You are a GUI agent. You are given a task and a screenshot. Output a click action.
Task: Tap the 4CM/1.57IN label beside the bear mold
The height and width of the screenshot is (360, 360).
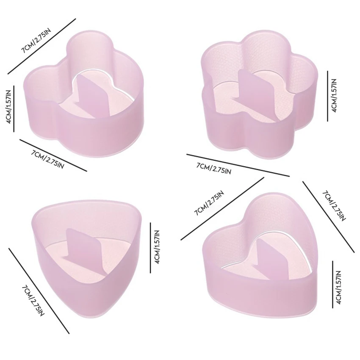pos(9,107)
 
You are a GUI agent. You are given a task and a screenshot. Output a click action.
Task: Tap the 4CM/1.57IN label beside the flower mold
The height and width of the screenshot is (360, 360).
pos(334,95)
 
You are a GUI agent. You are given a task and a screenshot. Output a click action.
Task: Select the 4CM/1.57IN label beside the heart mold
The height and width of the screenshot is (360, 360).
pos(338,288)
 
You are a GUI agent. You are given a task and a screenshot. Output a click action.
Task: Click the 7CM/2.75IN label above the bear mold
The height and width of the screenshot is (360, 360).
pos(36,41)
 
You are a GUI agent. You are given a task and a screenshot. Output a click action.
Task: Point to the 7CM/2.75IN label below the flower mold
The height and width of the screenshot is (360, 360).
pos(214,168)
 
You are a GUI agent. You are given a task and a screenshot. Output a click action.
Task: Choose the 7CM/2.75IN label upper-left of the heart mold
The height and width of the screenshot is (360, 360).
pos(209,203)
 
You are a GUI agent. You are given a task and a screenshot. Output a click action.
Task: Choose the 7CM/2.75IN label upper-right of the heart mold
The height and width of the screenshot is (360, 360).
pos(334,205)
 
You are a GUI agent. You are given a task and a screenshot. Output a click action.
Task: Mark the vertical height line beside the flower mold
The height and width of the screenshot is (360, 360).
pos(328,96)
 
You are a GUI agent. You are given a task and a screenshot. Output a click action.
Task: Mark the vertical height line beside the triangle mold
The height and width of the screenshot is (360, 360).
pos(150,248)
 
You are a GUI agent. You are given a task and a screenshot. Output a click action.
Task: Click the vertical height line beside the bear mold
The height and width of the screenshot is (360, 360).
pos(14,109)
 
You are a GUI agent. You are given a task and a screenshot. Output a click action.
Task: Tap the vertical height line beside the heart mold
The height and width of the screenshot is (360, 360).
pos(332,284)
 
